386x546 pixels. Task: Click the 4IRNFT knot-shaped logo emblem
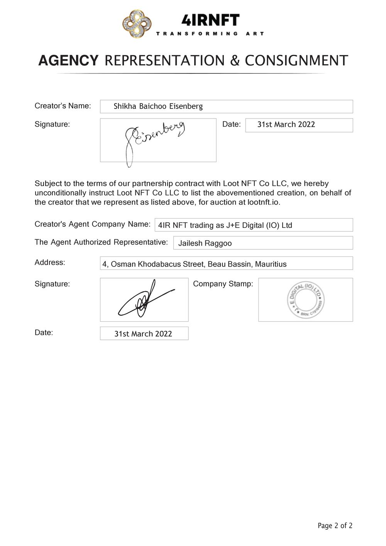(x=137, y=24)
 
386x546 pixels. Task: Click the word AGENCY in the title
(x=68, y=61)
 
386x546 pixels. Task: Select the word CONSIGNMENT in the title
(x=296, y=61)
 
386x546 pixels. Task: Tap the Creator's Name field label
(x=63, y=106)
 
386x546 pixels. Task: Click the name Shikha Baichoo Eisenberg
(x=158, y=107)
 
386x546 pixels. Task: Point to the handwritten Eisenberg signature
(x=154, y=139)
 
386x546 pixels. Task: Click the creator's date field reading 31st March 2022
(x=286, y=125)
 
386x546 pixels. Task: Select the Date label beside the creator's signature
(x=231, y=124)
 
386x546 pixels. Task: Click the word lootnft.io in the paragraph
(x=264, y=202)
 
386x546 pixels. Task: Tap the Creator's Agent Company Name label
(x=92, y=224)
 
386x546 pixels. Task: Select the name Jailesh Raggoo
(x=205, y=243)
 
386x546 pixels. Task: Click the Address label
(x=50, y=263)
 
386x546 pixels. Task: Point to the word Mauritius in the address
(x=271, y=265)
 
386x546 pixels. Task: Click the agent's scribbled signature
(x=144, y=300)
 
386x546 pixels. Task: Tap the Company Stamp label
(x=223, y=284)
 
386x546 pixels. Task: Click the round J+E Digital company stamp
(x=306, y=300)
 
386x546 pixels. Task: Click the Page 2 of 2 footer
(x=335, y=526)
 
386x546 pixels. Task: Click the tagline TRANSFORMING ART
(x=210, y=34)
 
